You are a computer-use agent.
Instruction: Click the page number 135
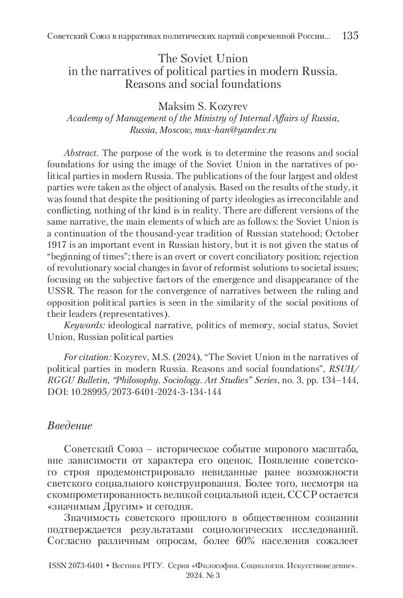[x=350, y=36]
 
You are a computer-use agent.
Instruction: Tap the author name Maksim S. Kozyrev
[x=203, y=106]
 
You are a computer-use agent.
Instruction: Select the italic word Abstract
[x=81, y=153]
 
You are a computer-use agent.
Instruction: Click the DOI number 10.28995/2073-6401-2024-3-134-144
[x=146, y=392]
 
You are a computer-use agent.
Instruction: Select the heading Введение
[x=70, y=426]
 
